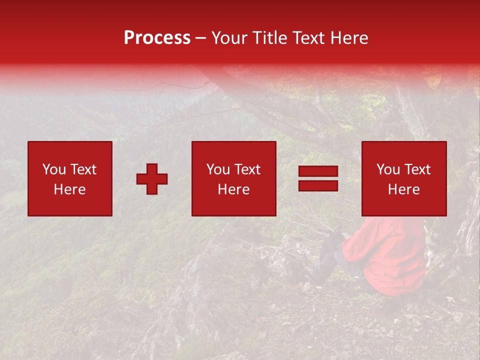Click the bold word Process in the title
click(157, 38)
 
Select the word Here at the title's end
click(349, 38)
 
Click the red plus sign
click(152, 179)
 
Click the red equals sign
click(318, 178)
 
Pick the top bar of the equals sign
click(318, 171)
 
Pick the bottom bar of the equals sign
click(318, 185)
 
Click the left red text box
click(70, 178)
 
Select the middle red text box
click(233, 178)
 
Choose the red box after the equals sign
click(403, 178)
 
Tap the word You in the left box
click(54, 169)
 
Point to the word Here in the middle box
click(233, 189)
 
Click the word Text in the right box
click(418, 169)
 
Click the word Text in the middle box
click(248, 169)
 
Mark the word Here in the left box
click(69, 189)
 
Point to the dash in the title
click(201, 38)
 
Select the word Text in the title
click(307, 38)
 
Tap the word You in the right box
click(388, 169)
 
